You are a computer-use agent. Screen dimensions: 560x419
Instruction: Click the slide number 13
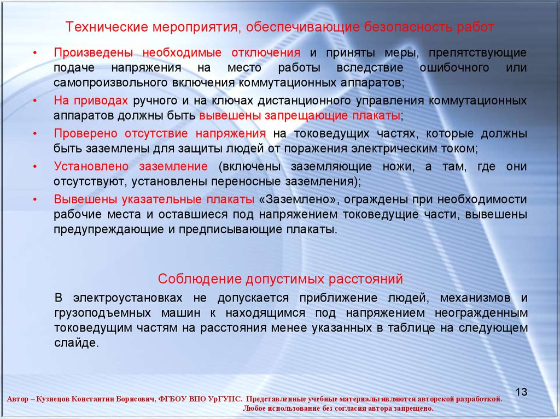click(521, 392)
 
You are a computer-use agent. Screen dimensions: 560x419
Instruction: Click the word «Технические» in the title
click(106, 27)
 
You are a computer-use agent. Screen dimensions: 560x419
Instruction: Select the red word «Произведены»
click(93, 53)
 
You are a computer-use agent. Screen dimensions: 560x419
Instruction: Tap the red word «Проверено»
click(85, 133)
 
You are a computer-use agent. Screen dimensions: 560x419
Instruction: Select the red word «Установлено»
click(91, 166)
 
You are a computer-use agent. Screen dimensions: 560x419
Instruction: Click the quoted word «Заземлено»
click(297, 199)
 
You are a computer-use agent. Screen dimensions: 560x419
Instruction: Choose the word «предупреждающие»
click(109, 229)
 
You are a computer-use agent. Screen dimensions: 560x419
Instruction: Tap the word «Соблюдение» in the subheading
click(200, 279)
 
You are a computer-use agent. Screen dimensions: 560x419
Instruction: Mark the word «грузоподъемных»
click(102, 313)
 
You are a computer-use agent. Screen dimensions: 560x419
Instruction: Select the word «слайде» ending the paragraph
click(75, 343)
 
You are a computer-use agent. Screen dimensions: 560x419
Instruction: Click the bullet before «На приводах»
click(35, 101)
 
